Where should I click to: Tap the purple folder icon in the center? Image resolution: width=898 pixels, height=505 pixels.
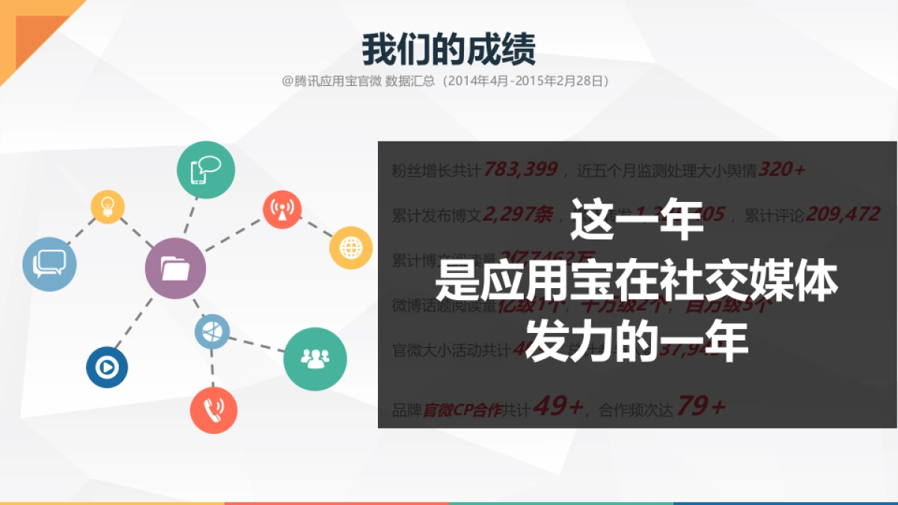coord(175,269)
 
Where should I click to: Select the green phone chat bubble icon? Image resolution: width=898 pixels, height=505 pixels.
coord(206,170)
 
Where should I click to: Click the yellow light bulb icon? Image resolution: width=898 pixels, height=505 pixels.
coord(108,206)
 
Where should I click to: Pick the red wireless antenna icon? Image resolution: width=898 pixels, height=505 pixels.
coord(282,209)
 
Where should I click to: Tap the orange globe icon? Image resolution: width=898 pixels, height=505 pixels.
coord(350,248)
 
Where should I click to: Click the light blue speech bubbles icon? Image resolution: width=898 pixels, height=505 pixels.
coord(49,263)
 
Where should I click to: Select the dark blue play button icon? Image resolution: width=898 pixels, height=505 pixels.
coord(107,367)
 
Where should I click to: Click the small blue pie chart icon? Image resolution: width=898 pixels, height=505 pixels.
coord(213,331)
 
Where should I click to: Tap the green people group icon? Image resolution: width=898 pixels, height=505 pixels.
coord(315,358)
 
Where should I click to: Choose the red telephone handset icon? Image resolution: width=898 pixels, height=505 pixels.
coord(213,410)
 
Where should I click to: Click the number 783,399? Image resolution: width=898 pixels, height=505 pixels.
coord(520,170)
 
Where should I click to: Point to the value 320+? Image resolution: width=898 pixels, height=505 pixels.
coord(781,170)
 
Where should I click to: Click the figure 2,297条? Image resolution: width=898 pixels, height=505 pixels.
coord(517,215)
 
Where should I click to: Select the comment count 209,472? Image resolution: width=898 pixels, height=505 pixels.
coord(843,215)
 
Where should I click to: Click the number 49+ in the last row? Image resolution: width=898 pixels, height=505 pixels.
coord(558,407)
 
